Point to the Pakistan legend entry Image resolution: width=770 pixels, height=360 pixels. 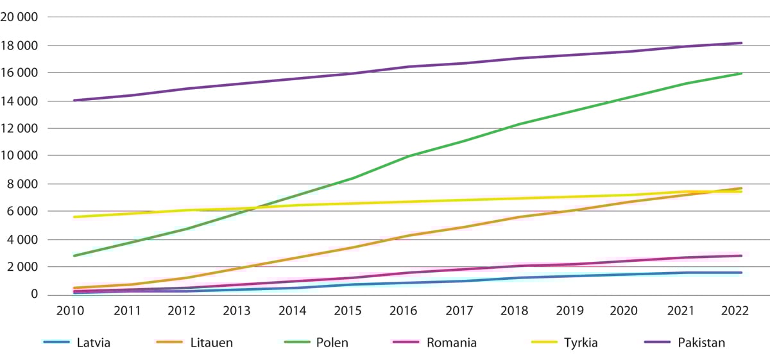701,343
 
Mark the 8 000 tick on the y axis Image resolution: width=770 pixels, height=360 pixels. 26,184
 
